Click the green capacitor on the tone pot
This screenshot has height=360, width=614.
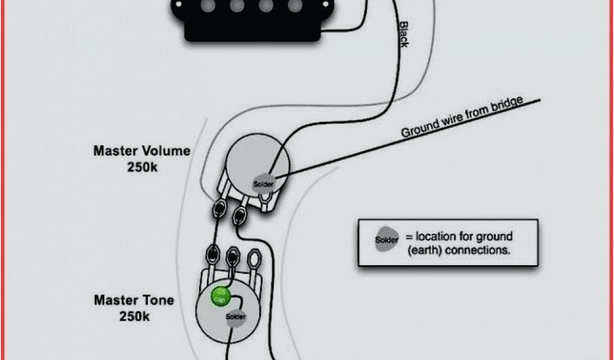click(220, 296)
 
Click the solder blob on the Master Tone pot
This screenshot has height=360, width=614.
click(235, 317)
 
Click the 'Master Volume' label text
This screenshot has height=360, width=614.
click(142, 151)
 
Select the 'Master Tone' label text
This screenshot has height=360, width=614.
click(133, 299)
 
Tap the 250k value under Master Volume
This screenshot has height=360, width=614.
click(142, 167)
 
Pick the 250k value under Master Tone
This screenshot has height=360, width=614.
click(134, 316)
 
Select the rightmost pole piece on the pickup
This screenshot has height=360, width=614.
click(294, 5)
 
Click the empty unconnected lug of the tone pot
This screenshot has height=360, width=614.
click(254, 260)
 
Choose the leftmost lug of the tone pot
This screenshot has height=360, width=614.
click(212, 256)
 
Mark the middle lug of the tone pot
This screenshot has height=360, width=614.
click(232, 257)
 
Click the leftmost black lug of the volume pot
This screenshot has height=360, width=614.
click(219, 208)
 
